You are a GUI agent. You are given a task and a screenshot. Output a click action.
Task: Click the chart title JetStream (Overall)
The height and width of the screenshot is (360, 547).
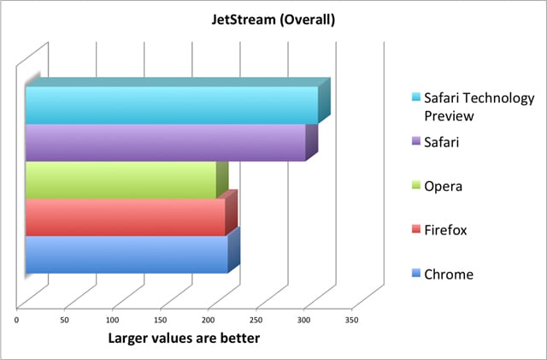pyautogui.click(x=272, y=18)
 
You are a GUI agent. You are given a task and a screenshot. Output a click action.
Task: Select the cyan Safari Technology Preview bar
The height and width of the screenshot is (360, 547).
pyautogui.click(x=171, y=104)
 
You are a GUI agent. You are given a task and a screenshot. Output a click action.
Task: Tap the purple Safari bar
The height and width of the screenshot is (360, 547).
pyautogui.click(x=165, y=143)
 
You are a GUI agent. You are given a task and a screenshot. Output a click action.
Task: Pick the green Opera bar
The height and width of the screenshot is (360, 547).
pyautogui.click(x=120, y=180)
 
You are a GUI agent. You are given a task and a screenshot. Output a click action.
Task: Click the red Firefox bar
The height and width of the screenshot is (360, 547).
pyautogui.click(x=125, y=217)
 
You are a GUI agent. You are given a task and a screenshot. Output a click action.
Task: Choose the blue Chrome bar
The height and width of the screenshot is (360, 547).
pyautogui.click(x=126, y=255)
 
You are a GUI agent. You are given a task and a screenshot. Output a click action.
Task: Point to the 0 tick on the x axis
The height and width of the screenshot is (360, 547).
pyautogui.click(x=17, y=320)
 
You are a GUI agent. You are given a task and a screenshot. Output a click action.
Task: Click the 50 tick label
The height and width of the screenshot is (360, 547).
pyautogui.click(x=65, y=320)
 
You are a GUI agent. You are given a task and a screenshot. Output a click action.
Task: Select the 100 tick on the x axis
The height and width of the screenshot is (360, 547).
pyautogui.click(x=113, y=320)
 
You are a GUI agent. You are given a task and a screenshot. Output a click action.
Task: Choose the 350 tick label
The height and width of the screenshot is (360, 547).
pyautogui.click(x=351, y=320)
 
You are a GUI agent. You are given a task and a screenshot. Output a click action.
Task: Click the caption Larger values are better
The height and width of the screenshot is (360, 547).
pyautogui.click(x=183, y=339)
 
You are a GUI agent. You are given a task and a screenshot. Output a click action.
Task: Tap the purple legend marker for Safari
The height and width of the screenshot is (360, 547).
pyautogui.click(x=415, y=142)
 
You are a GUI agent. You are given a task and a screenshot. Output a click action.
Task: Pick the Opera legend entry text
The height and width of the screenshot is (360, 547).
pyautogui.click(x=444, y=186)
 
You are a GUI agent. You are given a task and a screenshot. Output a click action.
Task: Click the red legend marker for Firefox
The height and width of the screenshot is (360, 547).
pyautogui.click(x=415, y=229)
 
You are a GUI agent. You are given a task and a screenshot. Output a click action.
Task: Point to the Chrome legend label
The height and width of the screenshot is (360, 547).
pyautogui.click(x=449, y=274)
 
